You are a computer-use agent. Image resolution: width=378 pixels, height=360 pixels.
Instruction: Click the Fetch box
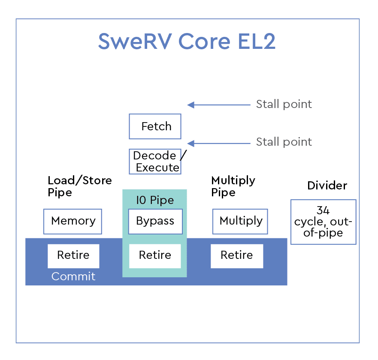coord(155,126)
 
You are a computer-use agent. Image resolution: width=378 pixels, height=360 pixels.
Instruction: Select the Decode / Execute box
coord(155,162)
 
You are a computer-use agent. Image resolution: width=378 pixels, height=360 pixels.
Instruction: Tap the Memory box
coord(73,221)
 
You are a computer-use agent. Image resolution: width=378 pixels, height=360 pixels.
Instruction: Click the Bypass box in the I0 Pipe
coord(155,221)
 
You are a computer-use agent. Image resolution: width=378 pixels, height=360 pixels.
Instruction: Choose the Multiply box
coord(240,221)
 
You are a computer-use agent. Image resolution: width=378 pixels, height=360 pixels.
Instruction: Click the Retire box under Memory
coord(73,256)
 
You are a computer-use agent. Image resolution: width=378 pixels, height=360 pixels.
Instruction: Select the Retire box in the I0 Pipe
coord(155,256)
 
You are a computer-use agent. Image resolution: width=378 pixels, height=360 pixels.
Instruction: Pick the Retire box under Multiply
coord(237,256)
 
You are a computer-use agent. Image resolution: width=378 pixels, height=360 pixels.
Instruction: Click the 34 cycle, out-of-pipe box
coord(323,222)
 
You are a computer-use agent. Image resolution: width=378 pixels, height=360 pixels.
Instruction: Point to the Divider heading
coord(327,186)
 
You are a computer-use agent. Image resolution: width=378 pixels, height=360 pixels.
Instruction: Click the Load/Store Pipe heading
coord(79,186)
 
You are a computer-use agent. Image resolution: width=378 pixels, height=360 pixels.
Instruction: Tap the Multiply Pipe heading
coord(233,186)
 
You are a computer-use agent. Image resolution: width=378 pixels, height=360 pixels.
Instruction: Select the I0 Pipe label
coord(155,200)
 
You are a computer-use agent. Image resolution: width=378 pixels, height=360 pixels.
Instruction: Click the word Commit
coord(73,276)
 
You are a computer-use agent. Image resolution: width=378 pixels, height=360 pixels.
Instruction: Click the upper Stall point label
coord(284,104)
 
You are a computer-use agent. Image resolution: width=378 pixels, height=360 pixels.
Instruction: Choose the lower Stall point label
coord(284,142)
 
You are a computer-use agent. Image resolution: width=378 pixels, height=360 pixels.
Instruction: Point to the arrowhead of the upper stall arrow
coord(191,105)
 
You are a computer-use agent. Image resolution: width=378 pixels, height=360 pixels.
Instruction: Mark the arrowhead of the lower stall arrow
coord(191,143)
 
